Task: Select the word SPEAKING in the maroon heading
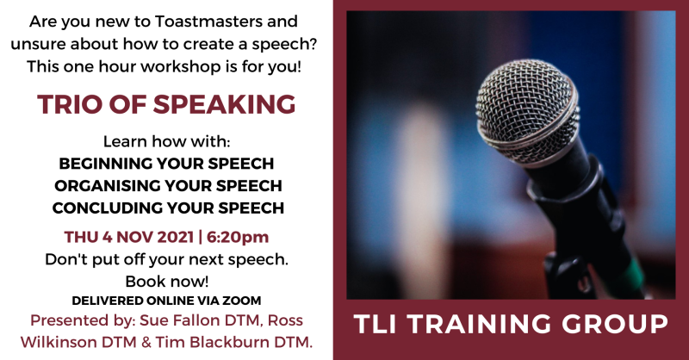(x=224, y=104)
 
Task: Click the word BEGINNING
(x=105, y=164)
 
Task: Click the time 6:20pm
(x=238, y=237)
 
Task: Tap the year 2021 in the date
(x=176, y=237)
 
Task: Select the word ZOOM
(x=241, y=301)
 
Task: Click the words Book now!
(x=167, y=282)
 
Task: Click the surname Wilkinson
(x=58, y=343)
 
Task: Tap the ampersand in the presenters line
(x=146, y=343)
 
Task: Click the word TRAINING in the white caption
(x=480, y=324)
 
